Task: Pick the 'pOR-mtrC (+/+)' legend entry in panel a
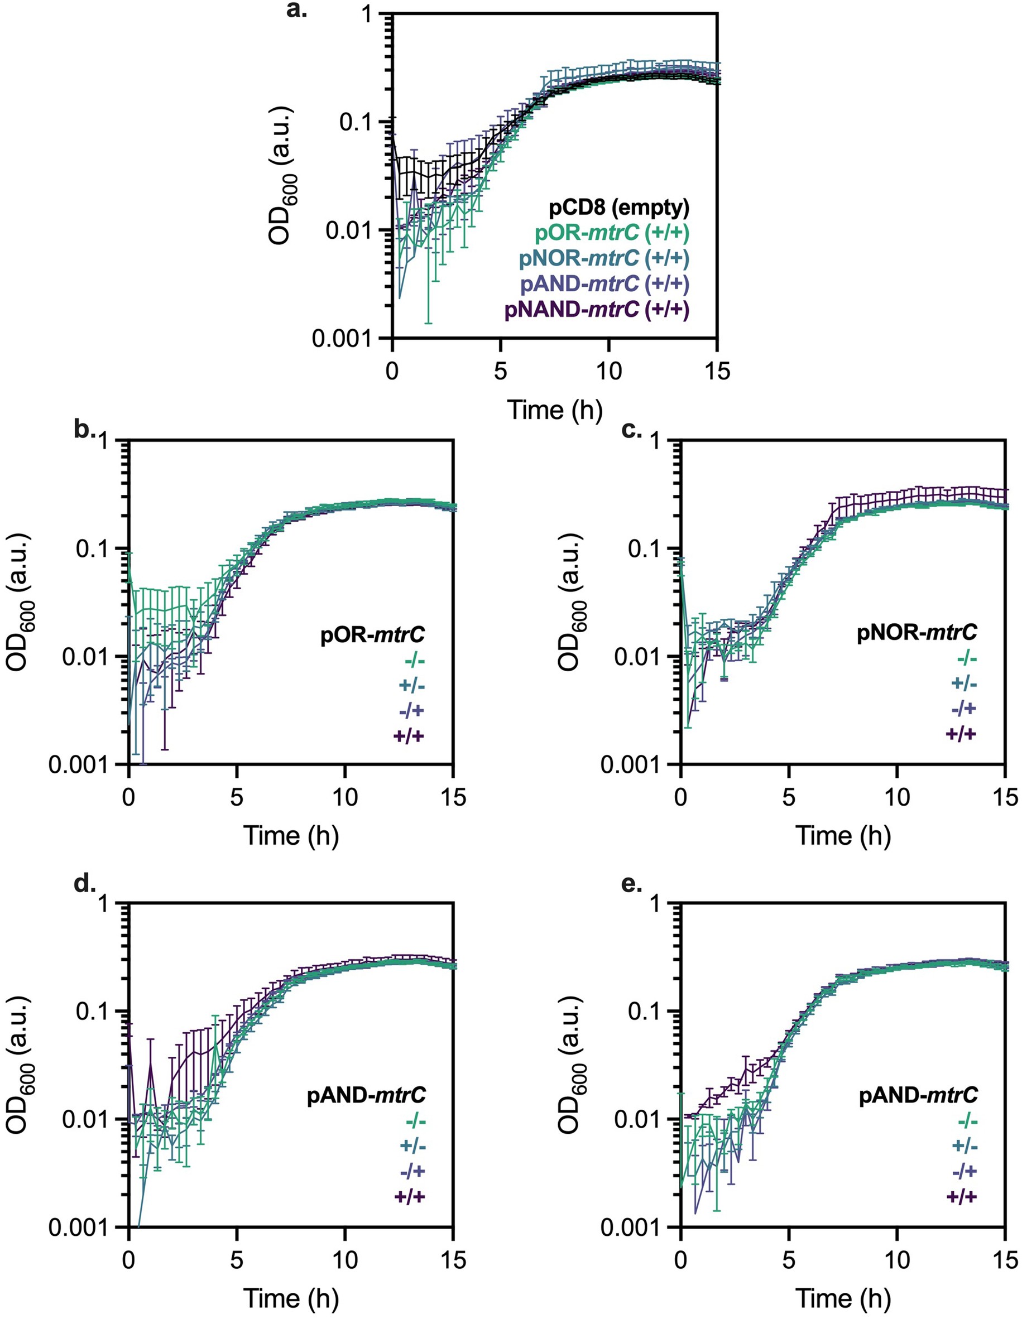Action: (612, 233)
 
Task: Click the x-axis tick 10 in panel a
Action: (608, 371)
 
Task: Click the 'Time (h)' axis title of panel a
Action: (555, 410)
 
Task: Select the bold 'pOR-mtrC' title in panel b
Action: (372, 634)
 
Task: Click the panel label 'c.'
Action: (631, 431)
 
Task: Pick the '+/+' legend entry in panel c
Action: (961, 734)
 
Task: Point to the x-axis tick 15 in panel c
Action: (1005, 797)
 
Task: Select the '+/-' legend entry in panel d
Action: (412, 1146)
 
